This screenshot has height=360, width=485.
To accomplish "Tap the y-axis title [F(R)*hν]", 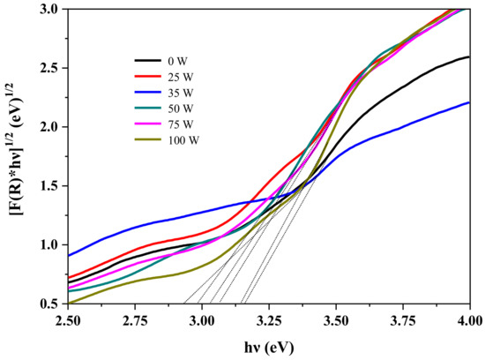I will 15,154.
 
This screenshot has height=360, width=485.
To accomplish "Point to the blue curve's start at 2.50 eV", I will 69,256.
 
